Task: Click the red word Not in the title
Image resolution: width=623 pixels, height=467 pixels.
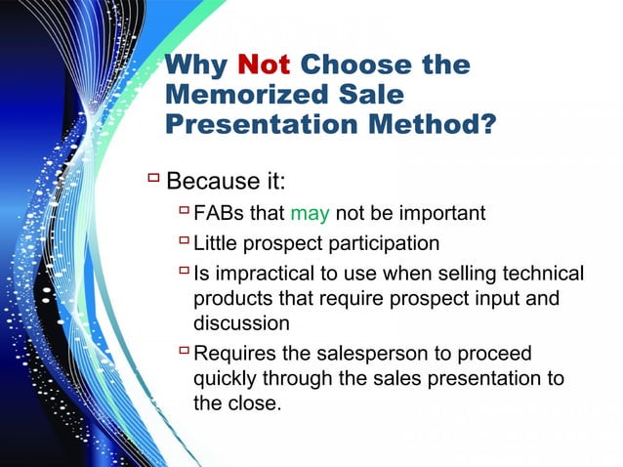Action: (264, 65)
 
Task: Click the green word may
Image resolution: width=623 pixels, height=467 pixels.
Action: (311, 212)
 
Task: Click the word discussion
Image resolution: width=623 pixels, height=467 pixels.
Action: (241, 321)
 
